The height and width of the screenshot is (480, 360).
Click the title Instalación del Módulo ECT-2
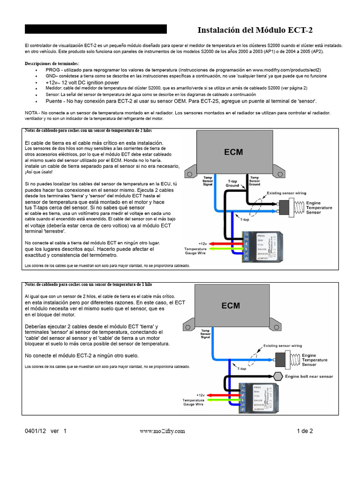click(x=255, y=30)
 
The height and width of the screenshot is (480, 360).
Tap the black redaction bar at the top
click(x=96, y=29)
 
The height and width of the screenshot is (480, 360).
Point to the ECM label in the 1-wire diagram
click(x=231, y=305)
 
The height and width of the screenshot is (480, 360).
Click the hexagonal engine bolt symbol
click(x=277, y=376)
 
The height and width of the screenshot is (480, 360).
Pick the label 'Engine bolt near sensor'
click(x=309, y=376)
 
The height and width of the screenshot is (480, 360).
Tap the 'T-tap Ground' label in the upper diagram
click(x=233, y=183)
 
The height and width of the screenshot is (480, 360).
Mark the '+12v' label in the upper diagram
click(x=202, y=244)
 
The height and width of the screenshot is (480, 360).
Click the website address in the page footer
click(x=162, y=431)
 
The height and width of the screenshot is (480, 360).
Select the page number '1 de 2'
click(x=305, y=431)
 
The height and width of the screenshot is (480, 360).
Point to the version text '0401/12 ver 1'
click(x=46, y=431)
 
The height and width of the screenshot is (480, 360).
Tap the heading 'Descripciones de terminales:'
click(x=52, y=63)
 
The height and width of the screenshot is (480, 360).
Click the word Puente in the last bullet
click(x=55, y=101)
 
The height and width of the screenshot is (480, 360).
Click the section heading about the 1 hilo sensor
click(x=88, y=285)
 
